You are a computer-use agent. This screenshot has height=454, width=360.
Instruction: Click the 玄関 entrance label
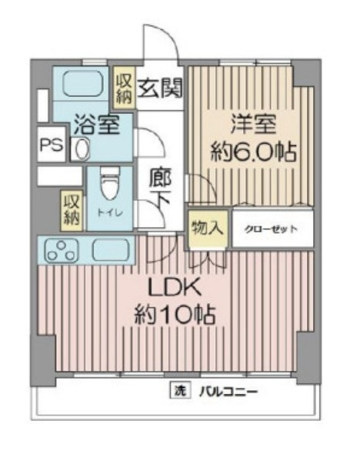[160, 88]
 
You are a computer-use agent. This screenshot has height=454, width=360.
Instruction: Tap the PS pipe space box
[52, 145]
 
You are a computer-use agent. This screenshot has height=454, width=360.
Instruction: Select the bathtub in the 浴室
[82, 84]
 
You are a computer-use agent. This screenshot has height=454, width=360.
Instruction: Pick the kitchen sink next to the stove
[110, 250]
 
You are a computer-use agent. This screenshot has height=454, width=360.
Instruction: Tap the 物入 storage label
[208, 228]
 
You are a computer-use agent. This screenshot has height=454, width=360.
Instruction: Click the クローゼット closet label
[272, 229]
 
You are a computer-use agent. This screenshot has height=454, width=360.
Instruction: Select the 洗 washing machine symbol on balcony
[180, 392]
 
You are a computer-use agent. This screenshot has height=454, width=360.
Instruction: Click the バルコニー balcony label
[228, 392]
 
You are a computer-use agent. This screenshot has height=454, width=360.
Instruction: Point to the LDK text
[175, 287]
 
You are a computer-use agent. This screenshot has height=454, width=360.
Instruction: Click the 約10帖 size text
[175, 315]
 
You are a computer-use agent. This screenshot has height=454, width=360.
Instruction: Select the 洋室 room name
[254, 124]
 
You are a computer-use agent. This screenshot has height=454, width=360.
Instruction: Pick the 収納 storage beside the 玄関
[125, 88]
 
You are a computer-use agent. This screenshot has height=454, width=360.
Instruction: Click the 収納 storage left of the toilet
[72, 210]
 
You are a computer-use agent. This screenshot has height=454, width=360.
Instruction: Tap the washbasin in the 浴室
[82, 148]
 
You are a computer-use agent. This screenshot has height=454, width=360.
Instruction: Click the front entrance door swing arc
[168, 31]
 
